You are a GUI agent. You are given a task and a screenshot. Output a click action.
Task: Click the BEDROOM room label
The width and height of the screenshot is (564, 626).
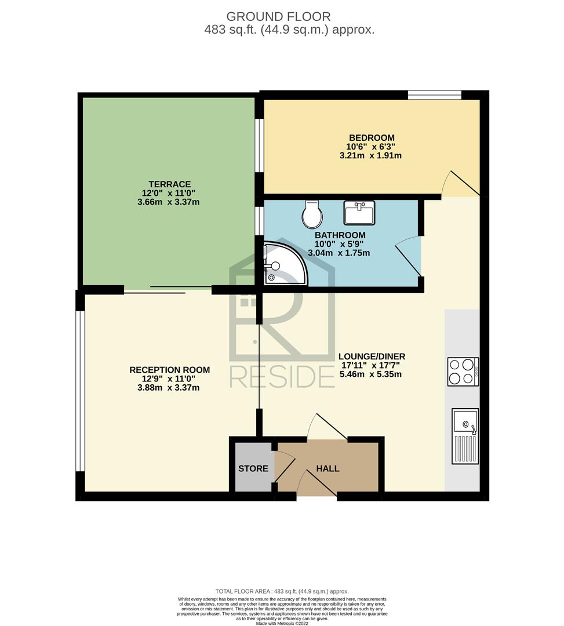coord(372,138)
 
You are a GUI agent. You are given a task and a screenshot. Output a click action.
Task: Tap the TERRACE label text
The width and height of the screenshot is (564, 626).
coord(170,184)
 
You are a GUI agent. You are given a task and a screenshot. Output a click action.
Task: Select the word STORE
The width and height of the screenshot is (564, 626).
coord(253,468)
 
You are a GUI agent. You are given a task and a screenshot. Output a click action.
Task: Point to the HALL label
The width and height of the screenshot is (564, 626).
coord(328,468)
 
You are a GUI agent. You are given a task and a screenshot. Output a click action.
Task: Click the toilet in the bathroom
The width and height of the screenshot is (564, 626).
coord(312,214)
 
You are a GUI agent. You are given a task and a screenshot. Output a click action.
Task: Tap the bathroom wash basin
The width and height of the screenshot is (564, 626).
coord(359,213)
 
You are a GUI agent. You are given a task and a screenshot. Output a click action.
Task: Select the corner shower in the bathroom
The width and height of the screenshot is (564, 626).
coord(285,264)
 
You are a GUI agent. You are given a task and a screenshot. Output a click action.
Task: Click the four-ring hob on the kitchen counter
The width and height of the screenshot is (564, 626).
coord(463,372)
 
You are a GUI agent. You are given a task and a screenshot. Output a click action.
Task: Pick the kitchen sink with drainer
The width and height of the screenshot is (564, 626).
coord(465,436)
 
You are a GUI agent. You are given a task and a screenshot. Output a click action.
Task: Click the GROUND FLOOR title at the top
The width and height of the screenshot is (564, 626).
coord(279,17)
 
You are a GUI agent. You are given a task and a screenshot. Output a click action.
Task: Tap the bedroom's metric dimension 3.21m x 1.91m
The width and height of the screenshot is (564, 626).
coord(370,156)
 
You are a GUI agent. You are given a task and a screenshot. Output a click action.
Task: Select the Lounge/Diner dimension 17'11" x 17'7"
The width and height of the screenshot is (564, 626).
coord(370,365)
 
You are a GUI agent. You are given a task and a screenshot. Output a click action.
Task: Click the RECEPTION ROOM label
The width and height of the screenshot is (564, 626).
coord(170,370)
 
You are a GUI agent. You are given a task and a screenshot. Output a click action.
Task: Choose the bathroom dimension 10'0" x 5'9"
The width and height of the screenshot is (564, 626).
coord(339,244)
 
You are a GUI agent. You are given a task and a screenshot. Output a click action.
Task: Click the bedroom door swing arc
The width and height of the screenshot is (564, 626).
coord(445,182)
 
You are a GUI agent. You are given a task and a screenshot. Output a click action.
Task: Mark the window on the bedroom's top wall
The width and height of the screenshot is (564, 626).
coord(435,95)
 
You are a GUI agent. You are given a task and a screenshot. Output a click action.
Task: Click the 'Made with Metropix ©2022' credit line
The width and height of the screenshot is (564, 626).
coord(282,623)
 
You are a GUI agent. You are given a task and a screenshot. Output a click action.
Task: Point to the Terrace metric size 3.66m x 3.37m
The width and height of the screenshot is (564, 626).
coord(169,202)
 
